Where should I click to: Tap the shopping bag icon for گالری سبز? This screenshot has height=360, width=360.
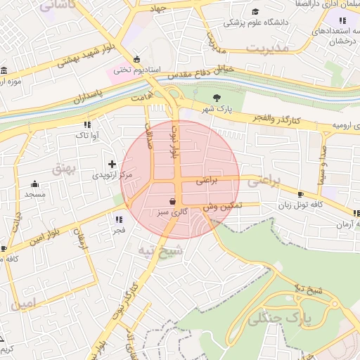tap(172, 200)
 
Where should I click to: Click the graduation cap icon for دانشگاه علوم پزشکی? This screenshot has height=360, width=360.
tap(255, 12)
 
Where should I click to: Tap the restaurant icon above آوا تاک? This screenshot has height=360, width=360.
tap(87, 124)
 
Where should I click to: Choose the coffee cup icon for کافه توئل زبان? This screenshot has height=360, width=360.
tap(301, 194)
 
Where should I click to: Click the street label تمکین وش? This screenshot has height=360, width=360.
tap(224, 206)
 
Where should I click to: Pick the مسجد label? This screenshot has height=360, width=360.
tap(34, 193)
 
